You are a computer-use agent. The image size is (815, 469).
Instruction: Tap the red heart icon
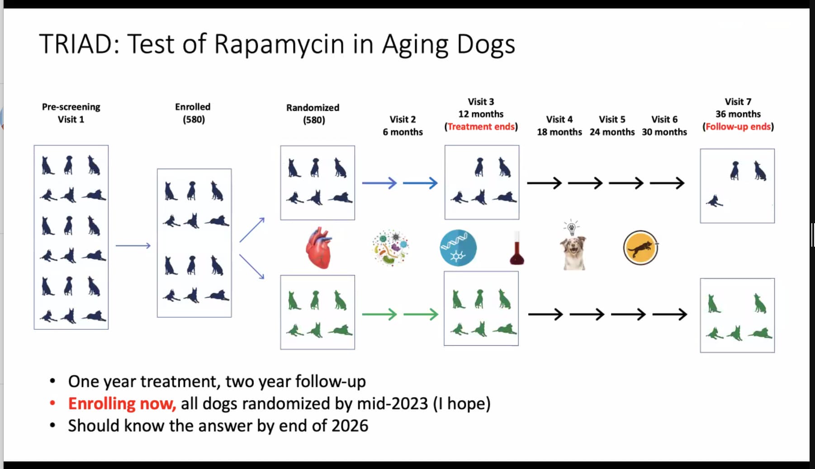coord(319,248)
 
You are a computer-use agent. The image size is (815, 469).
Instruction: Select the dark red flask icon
coord(516,249)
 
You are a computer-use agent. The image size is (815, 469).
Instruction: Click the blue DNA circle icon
coord(458,248)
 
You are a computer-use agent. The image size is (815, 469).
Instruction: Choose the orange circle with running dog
coord(640,248)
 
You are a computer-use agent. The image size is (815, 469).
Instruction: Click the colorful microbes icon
coord(390,247)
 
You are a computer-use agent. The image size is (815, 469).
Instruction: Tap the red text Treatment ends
coord(481,127)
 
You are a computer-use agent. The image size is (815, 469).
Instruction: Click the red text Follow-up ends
coord(738,127)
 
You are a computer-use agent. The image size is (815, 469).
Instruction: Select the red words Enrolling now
coord(122,403)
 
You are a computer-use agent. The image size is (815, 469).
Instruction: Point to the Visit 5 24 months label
coord(612,126)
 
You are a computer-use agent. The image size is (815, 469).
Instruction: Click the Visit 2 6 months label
coord(403,126)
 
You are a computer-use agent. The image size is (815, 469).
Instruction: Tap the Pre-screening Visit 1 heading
coord(71,113)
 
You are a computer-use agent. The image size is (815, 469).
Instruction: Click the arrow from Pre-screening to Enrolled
coord(133,246)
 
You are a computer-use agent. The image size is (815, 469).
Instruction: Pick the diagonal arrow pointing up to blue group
coord(252,230)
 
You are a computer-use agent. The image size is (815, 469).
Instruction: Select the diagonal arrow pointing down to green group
coord(252,267)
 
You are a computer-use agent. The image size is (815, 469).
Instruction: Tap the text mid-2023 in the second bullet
coord(392,403)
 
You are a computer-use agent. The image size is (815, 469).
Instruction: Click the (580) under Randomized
coord(314,120)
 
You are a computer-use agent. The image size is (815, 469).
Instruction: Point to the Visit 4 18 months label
coord(559,126)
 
